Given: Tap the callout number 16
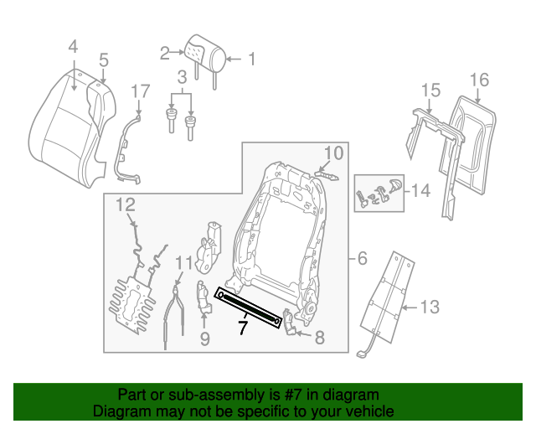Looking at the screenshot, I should pos(478,80).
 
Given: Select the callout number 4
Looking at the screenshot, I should pos(73,47).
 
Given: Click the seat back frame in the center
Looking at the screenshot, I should pos(277,226).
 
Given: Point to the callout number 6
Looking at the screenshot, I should pos(362,259).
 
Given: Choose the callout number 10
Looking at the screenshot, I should pos(333,153).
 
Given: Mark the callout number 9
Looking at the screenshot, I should pos(204,339).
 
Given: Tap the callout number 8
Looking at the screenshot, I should pos(318,338).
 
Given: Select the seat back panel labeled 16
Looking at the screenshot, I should pos(475,142).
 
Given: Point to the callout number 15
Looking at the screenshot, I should pos(430,90).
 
